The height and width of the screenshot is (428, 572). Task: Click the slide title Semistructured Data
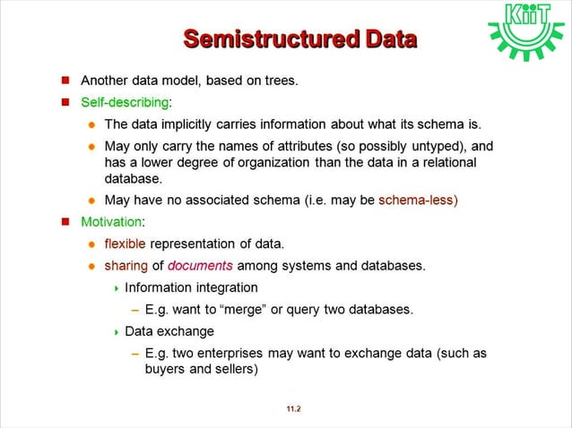299,39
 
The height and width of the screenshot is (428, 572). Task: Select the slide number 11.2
293,409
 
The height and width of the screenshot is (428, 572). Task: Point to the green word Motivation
110,221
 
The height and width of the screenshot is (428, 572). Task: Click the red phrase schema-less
419,199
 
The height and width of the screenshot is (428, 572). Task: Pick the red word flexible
126,244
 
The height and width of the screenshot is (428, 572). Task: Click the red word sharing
125,265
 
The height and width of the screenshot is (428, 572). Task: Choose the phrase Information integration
191,287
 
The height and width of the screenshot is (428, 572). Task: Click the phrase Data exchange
169,331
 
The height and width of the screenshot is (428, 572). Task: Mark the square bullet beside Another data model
65,81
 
